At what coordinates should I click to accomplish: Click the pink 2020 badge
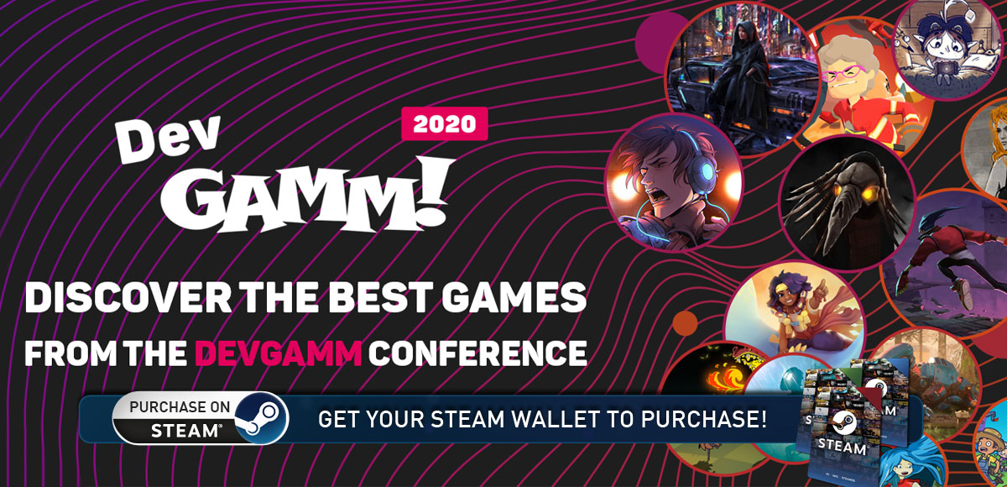(x=444, y=123)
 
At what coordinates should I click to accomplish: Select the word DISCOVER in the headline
(x=128, y=298)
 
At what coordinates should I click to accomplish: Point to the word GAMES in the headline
(x=514, y=298)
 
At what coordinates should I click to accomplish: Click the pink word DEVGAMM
(x=279, y=353)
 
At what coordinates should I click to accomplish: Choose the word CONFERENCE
(x=477, y=353)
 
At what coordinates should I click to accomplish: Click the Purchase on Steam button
(x=200, y=418)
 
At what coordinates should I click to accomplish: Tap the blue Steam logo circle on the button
(x=261, y=418)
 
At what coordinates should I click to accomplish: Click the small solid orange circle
(x=685, y=323)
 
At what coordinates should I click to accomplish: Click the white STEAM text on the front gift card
(x=842, y=447)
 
